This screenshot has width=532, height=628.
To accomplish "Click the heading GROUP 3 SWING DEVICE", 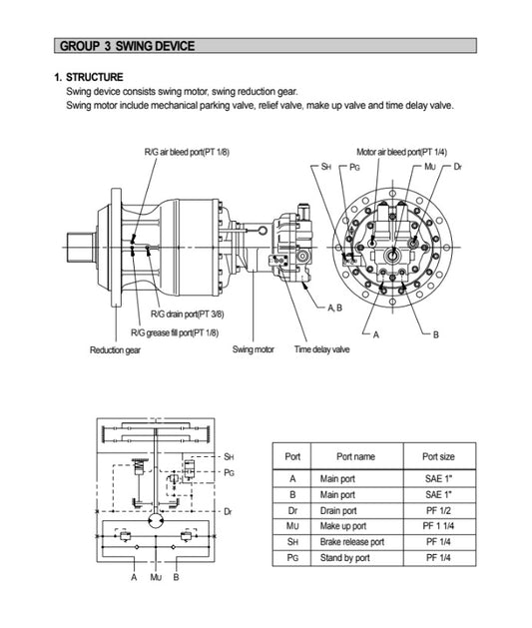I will click(x=127, y=46).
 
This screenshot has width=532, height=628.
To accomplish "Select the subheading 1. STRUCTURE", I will click(x=89, y=77).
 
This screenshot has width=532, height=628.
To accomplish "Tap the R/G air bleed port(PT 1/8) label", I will click(x=187, y=152).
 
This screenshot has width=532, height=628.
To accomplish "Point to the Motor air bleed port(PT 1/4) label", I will click(x=401, y=152).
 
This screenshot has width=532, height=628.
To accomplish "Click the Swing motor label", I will click(x=254, y=349).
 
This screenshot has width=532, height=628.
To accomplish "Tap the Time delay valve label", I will click(x=321, y=349).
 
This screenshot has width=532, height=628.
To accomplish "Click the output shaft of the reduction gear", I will click(x=79, y=243).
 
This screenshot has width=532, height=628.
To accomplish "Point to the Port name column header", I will click(x=355, y=456).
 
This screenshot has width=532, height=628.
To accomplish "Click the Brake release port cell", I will click(x=351, y=541).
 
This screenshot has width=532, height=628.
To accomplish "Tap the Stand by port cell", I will click(x=342, y=557).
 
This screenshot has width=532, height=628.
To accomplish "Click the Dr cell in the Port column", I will click(x=292, y=509).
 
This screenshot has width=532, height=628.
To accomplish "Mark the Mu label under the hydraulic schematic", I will click(x=155, y=577).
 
